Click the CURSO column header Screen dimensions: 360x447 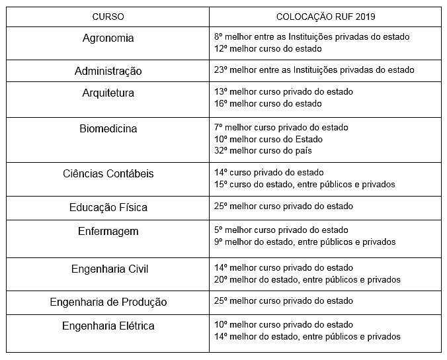point(108,16)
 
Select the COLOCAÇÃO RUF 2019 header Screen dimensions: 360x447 point(325,16)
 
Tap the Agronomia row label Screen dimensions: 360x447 point(108,38)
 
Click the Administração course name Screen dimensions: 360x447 point(108,71)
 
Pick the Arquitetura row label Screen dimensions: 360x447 point(108,93)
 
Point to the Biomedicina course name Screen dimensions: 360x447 point(108,129)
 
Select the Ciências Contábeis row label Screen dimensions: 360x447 point(108,174)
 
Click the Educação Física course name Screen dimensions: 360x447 point(108,208)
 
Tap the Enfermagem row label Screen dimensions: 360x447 point(108,232)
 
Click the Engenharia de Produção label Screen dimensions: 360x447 point(108,302)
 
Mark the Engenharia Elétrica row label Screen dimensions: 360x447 point(108,326)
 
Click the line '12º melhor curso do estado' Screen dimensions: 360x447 point(268,48)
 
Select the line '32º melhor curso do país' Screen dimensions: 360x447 point(263,150)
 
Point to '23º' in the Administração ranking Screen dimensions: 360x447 point(222,70)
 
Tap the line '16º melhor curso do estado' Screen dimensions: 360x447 point(268,103)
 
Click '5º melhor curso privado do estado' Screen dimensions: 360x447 point(281,230)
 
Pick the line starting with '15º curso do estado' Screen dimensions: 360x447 point(304,184)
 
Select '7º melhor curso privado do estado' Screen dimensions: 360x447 point(281,127)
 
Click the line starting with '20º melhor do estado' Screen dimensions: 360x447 point(307,279)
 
